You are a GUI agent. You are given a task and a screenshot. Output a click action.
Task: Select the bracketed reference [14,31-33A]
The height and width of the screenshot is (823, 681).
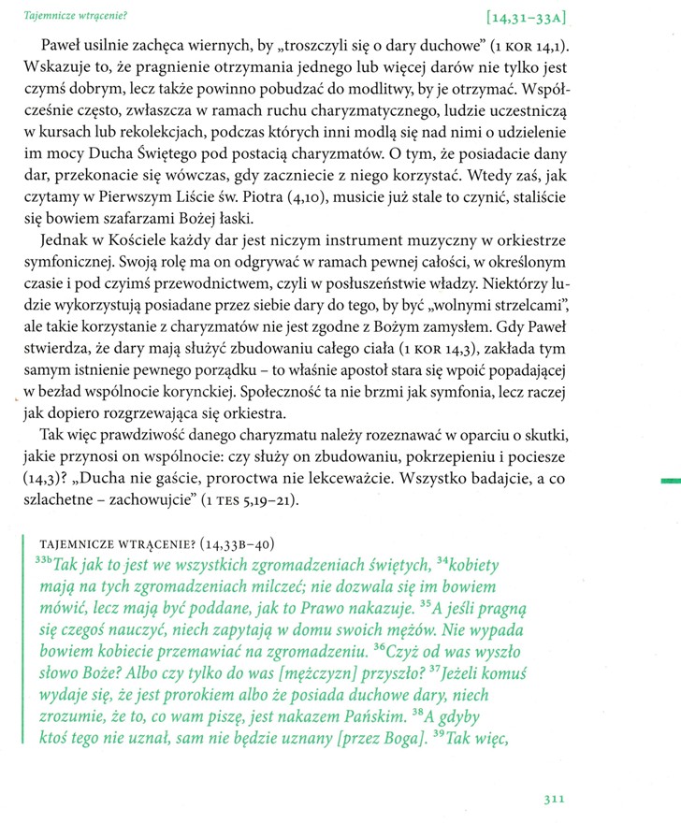point(531,17)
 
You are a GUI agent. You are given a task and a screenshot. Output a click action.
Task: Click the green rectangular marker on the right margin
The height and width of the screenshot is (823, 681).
point(670,481)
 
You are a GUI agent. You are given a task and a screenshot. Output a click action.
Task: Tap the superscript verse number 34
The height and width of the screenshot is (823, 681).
point(442,562)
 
